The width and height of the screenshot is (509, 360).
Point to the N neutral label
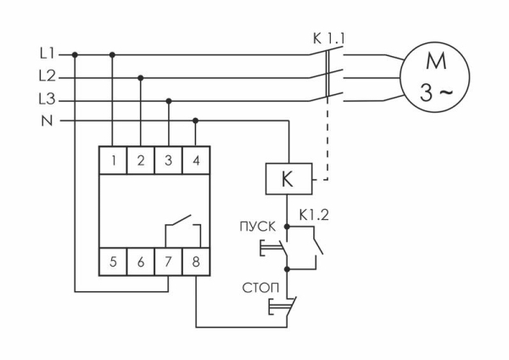(47, 121)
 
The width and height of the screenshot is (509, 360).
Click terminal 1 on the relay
(113, 160)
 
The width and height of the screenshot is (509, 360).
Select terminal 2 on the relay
(141, 160)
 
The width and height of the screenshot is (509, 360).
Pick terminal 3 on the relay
(169, 160)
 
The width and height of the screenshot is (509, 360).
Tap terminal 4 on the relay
(196, 160)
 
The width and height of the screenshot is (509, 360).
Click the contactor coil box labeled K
(289, 180)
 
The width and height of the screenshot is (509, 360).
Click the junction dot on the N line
(196, 121)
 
